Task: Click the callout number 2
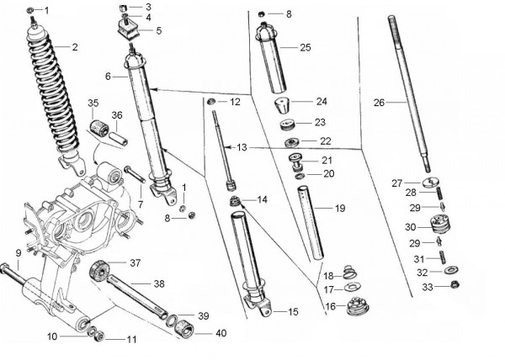74,47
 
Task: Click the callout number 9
18,252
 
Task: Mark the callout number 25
305,48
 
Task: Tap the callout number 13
242,147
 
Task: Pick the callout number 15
292,312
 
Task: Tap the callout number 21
327,161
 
